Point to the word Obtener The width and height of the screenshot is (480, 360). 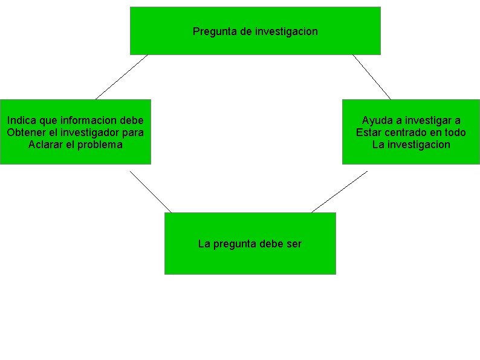point(25,133)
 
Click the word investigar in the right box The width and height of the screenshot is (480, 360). point(426,120)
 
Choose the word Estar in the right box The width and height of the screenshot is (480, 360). point(369,133)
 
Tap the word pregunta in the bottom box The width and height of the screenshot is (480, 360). point(233,244)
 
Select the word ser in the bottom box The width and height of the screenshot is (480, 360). point(294,244)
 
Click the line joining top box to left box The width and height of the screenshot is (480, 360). point(122,77)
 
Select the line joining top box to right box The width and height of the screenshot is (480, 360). point(372,77)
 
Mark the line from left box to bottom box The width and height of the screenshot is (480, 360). point(151,191)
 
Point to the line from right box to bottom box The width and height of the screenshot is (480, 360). point(339,191)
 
